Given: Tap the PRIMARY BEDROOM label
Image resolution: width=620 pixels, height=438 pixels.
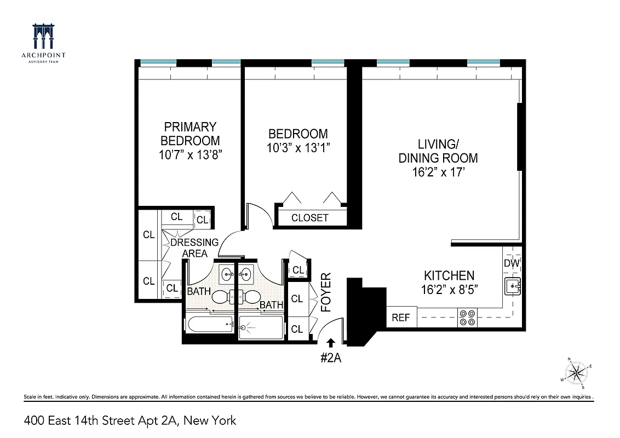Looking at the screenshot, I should point(190,134).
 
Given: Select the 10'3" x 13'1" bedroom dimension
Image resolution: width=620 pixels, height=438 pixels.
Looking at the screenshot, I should point(298,148).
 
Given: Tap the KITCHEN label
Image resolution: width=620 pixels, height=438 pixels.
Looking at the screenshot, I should point(449,275).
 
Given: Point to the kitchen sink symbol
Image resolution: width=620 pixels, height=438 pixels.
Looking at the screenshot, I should point(513,285).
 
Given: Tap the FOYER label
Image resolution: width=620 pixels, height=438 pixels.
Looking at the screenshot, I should point(326,292).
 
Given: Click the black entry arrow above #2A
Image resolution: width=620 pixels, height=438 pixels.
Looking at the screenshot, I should point(331,343).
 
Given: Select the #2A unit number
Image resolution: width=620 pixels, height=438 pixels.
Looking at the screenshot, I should point(331,359).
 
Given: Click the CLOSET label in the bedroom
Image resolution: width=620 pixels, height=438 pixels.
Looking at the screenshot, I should point(310,217).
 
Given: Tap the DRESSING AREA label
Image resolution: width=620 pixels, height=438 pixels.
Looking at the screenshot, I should point(194,247).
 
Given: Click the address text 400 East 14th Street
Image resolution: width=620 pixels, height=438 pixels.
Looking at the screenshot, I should point(90,420).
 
